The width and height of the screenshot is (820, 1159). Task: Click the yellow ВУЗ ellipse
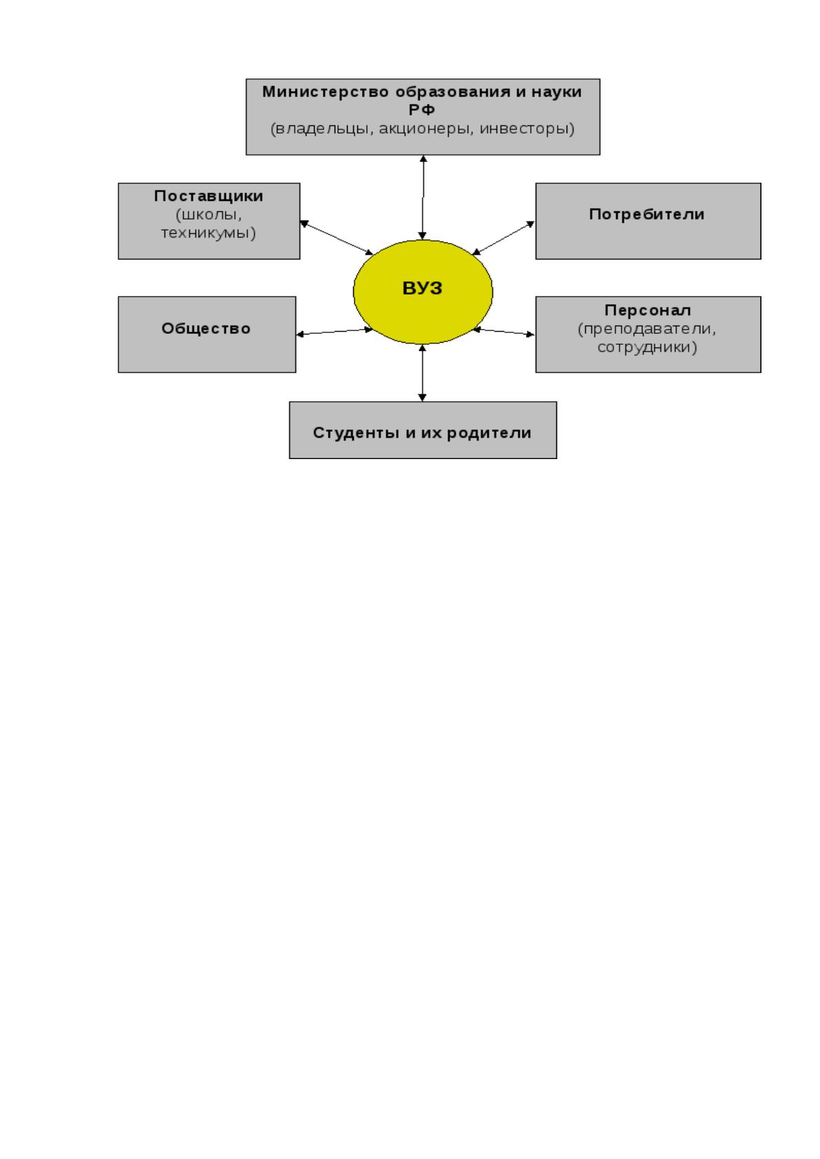pos(423,292)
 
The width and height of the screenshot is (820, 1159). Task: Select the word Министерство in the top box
pos(326,92)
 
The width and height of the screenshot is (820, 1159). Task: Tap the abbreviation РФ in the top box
pos(422,109)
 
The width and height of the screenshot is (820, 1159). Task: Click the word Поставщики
pos(209,196)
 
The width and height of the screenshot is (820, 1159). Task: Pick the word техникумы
pos(208,233)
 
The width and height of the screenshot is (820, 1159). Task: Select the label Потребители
pos(646,214)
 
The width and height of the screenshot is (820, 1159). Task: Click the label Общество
pos(206,328)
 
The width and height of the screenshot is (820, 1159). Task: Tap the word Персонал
pos(648,310)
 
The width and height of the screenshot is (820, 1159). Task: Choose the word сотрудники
pos(647,347)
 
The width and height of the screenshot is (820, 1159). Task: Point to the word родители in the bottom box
pos(490,432)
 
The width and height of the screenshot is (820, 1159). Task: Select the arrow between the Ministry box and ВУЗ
pos(423,197)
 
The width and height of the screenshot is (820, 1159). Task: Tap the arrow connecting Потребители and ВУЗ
pos(503,238)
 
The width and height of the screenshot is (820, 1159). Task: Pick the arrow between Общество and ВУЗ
pos(335,332)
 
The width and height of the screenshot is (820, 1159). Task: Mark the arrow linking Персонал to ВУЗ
pos(504,332)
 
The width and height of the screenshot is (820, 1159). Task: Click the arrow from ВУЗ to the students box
pos(423,373)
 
